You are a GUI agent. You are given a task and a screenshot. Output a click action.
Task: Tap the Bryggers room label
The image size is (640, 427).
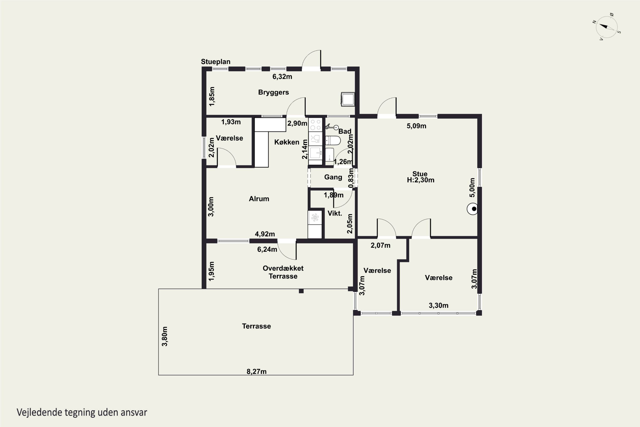click(273, 92)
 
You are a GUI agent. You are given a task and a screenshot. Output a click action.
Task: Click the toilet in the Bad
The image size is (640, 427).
click(333, 140)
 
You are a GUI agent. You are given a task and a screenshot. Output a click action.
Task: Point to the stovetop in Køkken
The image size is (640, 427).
click(315, 125)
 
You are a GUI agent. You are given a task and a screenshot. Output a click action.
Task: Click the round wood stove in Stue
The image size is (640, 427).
click(473, 209)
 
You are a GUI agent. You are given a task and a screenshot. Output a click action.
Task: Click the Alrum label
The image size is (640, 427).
click(259, 199)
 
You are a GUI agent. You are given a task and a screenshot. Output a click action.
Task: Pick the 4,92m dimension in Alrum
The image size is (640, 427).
click(265, 234)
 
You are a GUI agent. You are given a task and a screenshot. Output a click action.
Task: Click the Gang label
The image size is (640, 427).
click(333, 177)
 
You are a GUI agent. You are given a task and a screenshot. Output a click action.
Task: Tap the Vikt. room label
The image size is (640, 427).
click(335, 213)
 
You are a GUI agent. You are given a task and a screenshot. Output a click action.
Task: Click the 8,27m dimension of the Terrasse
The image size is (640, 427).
click(257, 371)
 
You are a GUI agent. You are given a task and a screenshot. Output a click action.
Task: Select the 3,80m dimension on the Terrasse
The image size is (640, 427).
click(165, 336)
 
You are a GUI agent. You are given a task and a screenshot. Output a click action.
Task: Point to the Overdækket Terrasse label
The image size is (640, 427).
click(283, 272)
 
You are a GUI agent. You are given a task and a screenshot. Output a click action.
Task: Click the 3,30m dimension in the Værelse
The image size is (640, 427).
click(438, 306)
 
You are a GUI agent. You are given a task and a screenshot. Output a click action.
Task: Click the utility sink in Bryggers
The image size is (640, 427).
click(348, 99)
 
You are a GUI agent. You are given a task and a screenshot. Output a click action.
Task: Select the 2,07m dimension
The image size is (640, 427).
click(380, 245)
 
